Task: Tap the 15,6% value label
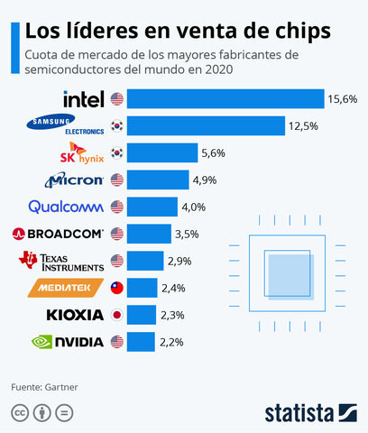click(344, 98)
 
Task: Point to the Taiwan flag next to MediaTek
click(116, 288)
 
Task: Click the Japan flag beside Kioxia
click(116, 315)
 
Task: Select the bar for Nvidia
click(142, 342)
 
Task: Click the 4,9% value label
click(203, 180)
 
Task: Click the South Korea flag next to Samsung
click(116, 125)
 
